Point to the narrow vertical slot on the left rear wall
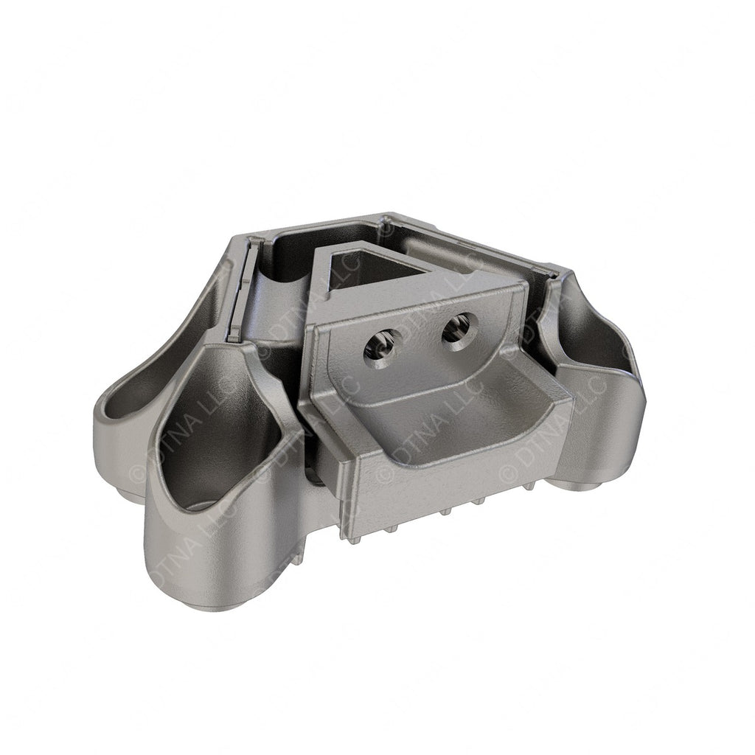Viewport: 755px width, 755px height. tap(235, 295)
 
